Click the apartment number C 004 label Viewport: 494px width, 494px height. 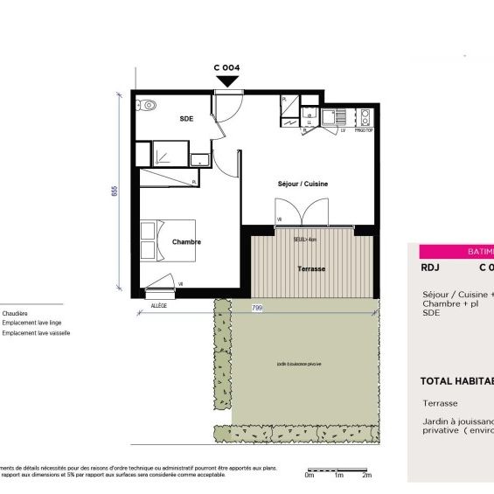click(226, 67)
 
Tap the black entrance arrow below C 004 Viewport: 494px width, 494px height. click(227, 81)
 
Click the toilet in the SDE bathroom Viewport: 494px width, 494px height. click(147, 106)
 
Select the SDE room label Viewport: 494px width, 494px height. click(186, 118)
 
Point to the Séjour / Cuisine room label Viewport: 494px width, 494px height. click(303, 184)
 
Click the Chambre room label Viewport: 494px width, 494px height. click(186, 242)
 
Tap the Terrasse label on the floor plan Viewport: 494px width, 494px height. click(311, 268)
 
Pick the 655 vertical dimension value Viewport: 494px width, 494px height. click(115, 191)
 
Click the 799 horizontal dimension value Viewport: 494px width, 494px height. click(257, 308)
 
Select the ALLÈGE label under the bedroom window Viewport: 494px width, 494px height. click(158, 306)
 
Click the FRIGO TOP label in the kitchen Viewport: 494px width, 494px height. click(365, 130)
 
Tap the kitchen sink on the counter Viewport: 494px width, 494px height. click(333, 115)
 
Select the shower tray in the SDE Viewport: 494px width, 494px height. click(165, 153)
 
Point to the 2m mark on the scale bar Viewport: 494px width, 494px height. click(367, 475)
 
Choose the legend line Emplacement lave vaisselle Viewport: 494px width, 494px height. click(36, 333)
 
